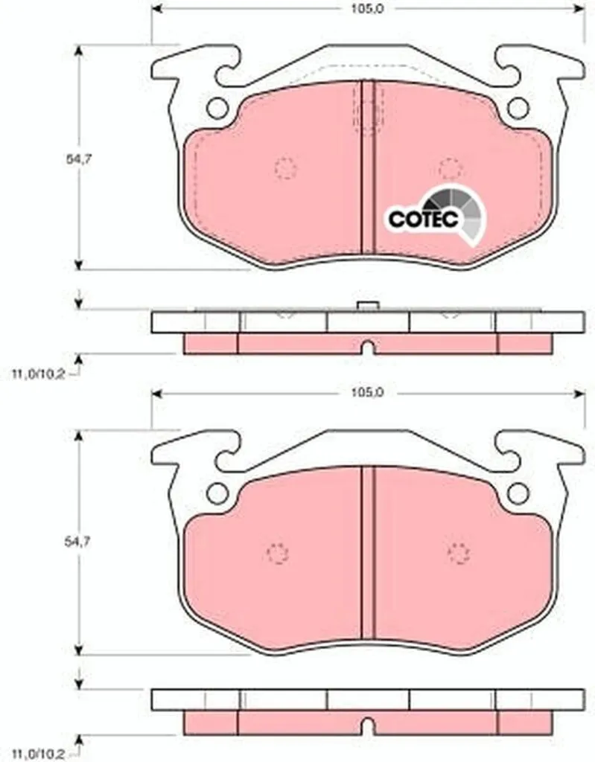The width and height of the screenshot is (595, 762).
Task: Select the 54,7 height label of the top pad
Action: [x=79, y=159]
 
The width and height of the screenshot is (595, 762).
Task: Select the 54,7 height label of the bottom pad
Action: [x=79, y=542]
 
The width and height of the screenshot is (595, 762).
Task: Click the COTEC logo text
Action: [x=424, y=220]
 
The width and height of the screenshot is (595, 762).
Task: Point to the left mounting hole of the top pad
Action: [x=217, y=108]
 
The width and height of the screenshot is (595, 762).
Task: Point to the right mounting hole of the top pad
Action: [x=518, y=108]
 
